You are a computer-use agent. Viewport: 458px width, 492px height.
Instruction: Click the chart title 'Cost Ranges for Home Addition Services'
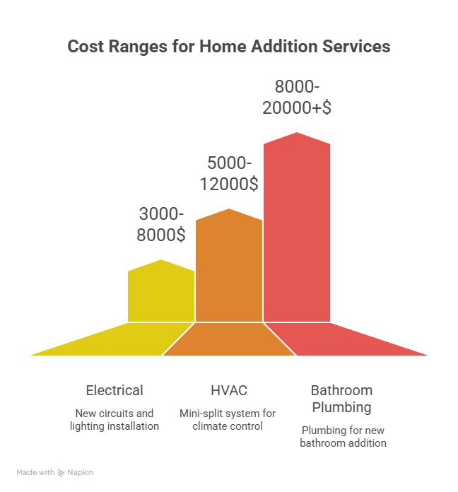click(229, 47)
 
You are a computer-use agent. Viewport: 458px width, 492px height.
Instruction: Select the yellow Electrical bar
click(161, 293)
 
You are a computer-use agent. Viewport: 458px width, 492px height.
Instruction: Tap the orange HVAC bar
click(229, 269)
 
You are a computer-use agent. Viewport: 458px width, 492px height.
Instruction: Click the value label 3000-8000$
click(161, 224)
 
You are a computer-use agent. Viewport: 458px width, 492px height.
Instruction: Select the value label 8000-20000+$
click(297, 98)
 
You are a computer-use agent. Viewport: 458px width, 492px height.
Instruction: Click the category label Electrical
click(114, 390)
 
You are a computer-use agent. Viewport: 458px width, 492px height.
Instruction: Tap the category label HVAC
click(229, 390)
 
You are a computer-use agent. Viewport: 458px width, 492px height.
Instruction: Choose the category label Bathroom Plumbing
click(341, 399)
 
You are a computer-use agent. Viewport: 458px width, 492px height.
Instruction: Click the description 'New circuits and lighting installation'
click(114, 419)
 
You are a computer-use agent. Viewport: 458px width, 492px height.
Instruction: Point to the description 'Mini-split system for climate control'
click(228, 419)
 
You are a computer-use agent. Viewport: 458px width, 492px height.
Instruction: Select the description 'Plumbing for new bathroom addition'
click(343, 436)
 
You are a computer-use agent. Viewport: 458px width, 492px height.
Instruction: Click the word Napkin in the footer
click(81, 472)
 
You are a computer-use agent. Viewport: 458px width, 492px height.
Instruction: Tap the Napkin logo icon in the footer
click(61, 472)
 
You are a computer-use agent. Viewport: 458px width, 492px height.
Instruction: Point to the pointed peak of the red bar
click(297, 134)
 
